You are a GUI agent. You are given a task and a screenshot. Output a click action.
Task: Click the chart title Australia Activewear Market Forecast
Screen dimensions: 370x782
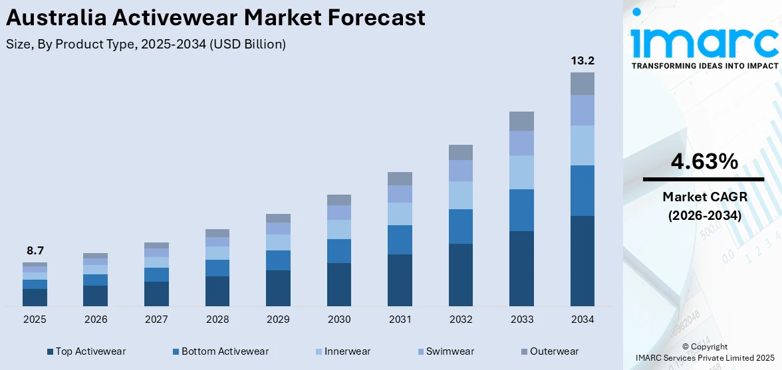[215, 18]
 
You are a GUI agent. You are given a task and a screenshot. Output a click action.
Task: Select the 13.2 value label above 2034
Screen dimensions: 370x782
[583, 61]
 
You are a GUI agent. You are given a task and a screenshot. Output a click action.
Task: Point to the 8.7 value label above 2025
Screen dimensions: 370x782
[35, 251]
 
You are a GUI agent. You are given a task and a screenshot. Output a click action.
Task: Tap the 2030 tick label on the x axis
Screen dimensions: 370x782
[339, 320]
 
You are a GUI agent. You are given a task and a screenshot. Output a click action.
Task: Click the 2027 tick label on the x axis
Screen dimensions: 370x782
[156, 320]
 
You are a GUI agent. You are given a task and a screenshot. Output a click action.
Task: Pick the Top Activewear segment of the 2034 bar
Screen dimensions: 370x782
[583, 260]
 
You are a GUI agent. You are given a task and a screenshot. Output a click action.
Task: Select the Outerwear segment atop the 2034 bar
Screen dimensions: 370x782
[583, 84]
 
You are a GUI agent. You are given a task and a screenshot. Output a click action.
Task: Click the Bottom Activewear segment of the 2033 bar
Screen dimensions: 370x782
[521, 210]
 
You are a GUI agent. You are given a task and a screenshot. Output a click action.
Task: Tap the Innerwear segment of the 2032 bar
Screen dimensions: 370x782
[461, 195]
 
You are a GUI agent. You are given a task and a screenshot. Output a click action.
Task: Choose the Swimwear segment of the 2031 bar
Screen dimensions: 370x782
[400, 194]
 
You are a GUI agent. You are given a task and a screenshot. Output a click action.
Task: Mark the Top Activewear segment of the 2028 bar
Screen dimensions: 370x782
[217, 291]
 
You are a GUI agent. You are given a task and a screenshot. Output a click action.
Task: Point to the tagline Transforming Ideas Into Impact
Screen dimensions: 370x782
[704, 66]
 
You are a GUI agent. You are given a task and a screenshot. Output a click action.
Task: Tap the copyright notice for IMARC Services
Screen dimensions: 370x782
[704, 353]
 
